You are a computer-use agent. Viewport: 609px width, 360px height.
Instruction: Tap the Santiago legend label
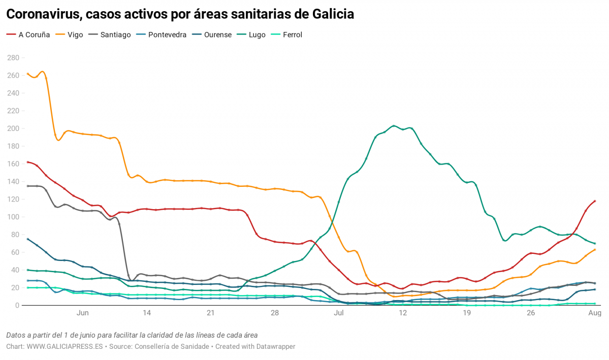[115, 35]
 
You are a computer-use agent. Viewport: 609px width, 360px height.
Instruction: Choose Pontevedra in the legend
[167, 35]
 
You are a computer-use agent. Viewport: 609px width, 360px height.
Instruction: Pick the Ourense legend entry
[217, 35]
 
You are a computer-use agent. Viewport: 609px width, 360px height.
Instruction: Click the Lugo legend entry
[257, 35]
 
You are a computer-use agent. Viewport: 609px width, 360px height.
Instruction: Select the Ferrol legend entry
[292, 35]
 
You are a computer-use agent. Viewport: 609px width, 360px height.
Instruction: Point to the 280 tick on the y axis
[13, 58]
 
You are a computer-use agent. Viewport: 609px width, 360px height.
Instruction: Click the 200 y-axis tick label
[13, 128]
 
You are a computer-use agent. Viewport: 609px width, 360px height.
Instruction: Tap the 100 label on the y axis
[13, 217]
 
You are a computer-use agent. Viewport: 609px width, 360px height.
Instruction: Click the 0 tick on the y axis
[17, 305]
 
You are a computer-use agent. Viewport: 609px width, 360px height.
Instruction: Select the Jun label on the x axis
[82, 313]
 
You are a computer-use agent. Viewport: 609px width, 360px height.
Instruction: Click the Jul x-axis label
[339, 313]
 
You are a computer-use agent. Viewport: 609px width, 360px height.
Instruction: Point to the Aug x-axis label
[595, 313]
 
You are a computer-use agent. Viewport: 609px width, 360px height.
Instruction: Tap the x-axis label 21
[210, 313]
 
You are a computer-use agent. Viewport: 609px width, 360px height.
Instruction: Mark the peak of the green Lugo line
[394, 125]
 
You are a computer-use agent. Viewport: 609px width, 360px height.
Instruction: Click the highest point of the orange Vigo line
[43, 72]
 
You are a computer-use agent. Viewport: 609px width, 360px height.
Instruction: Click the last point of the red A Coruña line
[595, 201]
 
